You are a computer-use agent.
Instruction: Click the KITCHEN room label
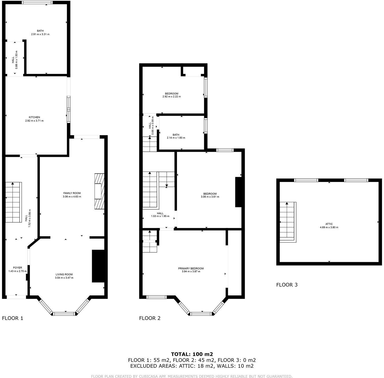pyautogui.click(x=35, y=117)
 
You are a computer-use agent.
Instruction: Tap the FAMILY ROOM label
pyautogui.click(x=72, y=193)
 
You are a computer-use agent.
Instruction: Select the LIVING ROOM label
pyautogui.click(x=64, y=274)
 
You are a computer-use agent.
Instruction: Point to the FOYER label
pyautogui.click(x=18, y=268)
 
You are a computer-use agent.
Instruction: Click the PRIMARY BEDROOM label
pyautogui.click(x=191, y=268)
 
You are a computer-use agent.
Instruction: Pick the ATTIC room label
pyautogui.click(x=329, y=224)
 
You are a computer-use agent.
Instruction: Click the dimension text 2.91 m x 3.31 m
pyautogui.click(x=40, y=34)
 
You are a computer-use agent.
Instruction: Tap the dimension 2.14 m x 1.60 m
pyautogui.click(x=176, y=138)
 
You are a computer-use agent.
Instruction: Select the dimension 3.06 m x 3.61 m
pyautogui.click(x=210, y=197)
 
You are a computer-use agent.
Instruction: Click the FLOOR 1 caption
pyautogui.click(x=13, y=318)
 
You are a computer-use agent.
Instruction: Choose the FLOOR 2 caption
pyautogui.click(x=150, y=318)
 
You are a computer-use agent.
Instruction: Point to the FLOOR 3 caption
pyautogui.click(x=287, y=285)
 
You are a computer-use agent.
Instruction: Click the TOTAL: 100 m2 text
pyautogui.click(x=192, y=354)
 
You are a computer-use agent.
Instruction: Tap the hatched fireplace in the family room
pyautogui.click(x=100, y=191)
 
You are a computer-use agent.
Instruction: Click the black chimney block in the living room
pyautogui.click(x=98, y=266)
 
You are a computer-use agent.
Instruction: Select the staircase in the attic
pyautogui.click(x=287, y=222)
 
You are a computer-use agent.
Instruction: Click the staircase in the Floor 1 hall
pyautogui.click(x=13, y=202)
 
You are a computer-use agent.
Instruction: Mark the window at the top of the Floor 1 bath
pyautogui.click(x=37, y=3)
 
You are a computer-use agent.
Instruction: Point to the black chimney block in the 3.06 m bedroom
pyautogui.click(x=238, y=192)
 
